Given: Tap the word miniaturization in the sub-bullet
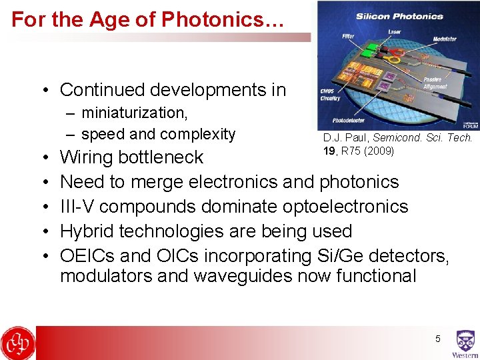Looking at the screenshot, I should click(x=133, y=112).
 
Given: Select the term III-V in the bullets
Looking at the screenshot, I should click(x=77, y=207).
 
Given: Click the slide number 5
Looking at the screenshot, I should click(x=438, y=339).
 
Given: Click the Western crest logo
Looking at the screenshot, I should click(x=465, y=343).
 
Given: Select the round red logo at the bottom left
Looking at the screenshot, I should click(x=17, y=343).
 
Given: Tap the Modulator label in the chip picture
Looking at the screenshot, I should click(x=444, y=39).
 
